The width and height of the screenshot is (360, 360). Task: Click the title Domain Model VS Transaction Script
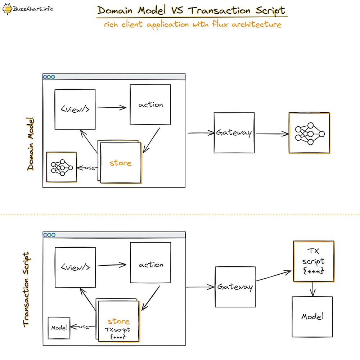pyautogui.click(x=192, y=10)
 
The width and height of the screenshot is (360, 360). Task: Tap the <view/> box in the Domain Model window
pyautogui.click(x=75, y=109)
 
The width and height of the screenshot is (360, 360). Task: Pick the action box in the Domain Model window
pyautogui.click(x=150, y=105)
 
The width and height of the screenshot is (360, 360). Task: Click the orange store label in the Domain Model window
pyautogui.click(x=120, y=163)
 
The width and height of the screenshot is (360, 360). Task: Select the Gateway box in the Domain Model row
pyautogui.click(x=234, y=133)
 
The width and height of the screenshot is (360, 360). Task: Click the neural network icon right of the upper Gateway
pyautogui.click(x=309, y=133)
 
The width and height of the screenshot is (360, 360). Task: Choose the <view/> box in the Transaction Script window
pyautogui.click(x=75, y=267)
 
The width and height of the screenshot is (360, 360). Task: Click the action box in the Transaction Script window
pyautogui.click(x=150, y=265)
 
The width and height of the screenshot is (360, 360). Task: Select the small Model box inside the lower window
pyautogui.click(x=59, y=328)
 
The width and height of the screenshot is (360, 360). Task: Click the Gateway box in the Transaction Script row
pyautogui.click(x=235, y=287)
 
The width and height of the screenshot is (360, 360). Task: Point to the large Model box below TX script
pyautogui.click(x=312, y=317)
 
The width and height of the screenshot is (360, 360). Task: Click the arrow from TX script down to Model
pyautogui.click(x=313, y=288)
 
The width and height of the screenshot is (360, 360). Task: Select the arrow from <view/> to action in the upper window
pyautogui.click(x=112, y=107)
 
